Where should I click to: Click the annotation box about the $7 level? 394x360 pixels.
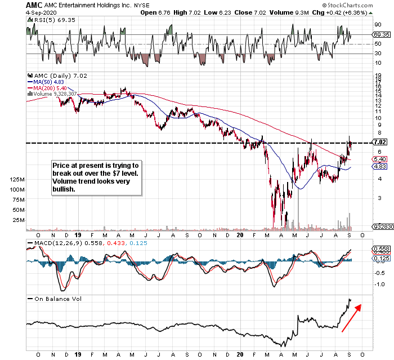pyautogui.click(x=95, y=177)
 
